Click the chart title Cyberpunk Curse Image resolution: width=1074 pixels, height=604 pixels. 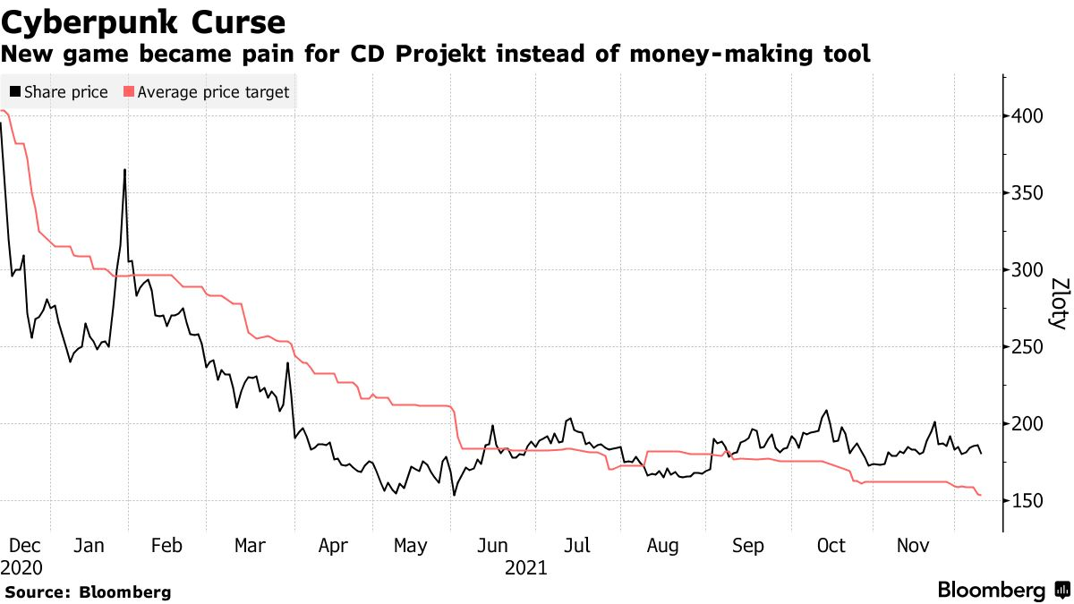click(x=144, y=21)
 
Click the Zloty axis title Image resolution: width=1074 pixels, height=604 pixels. click(x=1058, y=304)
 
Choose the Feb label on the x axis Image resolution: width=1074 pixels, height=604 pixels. click(x=166, y=546)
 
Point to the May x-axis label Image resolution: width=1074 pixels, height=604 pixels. click(x=411, y=546)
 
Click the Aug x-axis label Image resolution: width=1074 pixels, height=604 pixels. click(x=662, y=546)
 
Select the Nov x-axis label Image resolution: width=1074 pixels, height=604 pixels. click(x=912, y=546)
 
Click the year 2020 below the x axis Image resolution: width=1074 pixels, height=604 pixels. click(x=21, y=567)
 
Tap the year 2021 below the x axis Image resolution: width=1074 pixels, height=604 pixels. click(x=525, y=567)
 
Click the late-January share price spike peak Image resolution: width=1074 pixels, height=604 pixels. click(x=124, y=169)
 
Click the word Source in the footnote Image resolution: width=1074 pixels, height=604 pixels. click(x=36, y=592)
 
